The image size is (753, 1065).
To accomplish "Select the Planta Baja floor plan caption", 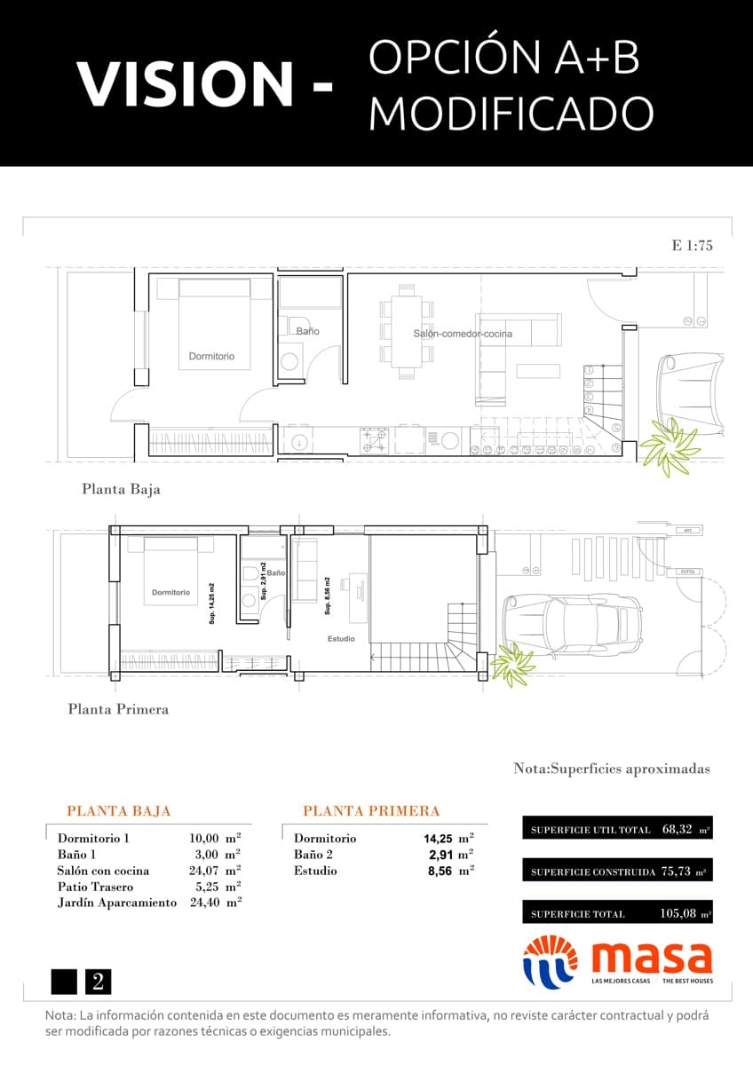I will pos(121,489).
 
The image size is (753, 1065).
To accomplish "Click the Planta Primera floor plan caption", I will pos(118,709).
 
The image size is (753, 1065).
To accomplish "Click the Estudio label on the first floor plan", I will pos(341,638).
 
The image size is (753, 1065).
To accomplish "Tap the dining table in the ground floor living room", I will pos(408,324).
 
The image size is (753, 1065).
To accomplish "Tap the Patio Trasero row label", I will pos(95,887).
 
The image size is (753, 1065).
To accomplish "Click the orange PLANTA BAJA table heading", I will pos(119,811).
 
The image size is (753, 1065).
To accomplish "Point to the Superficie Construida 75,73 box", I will pos(617,872).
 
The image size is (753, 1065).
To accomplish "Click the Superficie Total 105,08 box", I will pos(617,913).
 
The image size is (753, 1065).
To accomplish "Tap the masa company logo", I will pos(617,962).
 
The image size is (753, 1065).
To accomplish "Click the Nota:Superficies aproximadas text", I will pos(611,769).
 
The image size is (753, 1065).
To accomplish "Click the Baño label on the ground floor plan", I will pos(308,331).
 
